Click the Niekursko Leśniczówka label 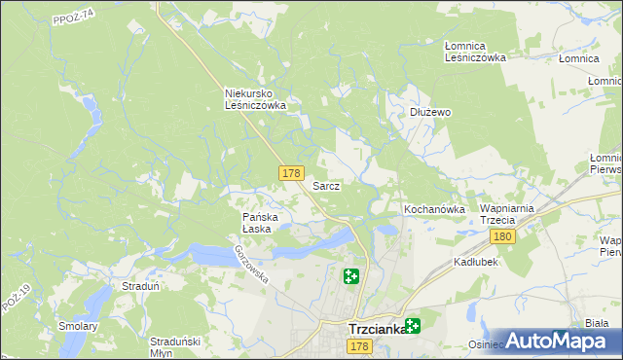254,99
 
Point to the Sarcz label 325,185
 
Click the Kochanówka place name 434,209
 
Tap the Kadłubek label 476,263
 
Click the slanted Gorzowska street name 250,263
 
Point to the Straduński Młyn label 175,347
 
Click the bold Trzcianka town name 378,329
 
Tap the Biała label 597,322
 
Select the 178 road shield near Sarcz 290,173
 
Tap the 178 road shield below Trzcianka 359,347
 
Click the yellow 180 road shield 502,236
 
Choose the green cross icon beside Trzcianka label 414,326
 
